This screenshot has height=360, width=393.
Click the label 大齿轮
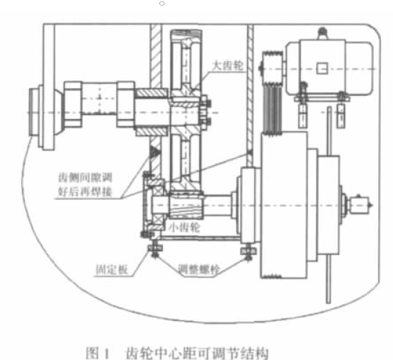pyautogui.click(x=228, y=65)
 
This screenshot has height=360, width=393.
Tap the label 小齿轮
pyautogui.click(x=185, y=227)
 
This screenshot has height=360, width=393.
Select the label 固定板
pyautogui.click(x=112, y=270)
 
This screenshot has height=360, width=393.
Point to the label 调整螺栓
pyautogui.click(x=199, y=270)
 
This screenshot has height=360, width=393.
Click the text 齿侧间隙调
pyautogui.click(x=85, y=177)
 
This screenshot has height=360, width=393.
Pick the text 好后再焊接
pyautogui.click(x=85, y=191)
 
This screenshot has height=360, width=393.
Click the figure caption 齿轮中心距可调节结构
pyautogui.click(x=197, y=353)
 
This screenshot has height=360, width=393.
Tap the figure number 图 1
pyautogui.click(x=98, y=353)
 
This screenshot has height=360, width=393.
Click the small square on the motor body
pyautogui.click(x=322, y=68)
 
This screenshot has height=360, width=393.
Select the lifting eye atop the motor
pyautogui.click(x=323, y=33)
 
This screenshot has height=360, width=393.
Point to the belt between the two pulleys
pyautogui.click(x=273, y=108)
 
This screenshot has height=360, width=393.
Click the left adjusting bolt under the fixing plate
pyautogui.click(x=155, y=249)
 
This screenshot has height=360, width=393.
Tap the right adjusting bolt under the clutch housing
pyautogui.click(x=249, y=252)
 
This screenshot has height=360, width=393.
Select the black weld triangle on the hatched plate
pyautogui.click(x=154, y=152)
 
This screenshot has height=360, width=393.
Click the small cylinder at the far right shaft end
pyautogui.click(x=360, y=205)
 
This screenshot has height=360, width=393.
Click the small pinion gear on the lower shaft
pyautogui.click(x=186, y=205)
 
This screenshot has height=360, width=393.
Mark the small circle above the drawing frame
pyautogui.click(x=162, y=4)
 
